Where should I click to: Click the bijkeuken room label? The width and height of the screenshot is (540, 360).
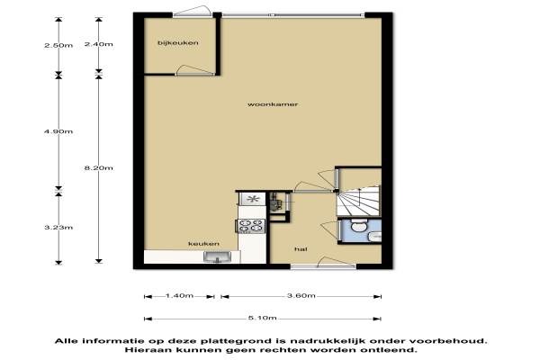click(177, 43)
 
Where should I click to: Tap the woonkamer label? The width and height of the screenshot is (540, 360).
click(273, 104)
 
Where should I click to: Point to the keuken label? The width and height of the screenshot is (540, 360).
click(203, 244)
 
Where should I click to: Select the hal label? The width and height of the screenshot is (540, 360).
click(301, 249)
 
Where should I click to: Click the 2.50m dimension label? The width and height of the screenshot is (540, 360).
click(58, 45)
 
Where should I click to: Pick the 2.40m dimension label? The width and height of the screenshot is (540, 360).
click(98, 44)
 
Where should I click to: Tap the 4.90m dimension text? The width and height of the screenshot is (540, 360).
click(58, 131)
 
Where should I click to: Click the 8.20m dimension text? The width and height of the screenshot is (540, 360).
click(98, 168)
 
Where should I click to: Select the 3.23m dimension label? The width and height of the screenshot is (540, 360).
click(58, 228)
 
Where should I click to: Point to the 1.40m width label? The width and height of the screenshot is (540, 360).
click(179, 295)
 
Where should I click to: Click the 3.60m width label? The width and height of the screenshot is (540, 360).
click(301, 295)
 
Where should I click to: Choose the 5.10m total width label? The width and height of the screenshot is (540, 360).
click(263, 318)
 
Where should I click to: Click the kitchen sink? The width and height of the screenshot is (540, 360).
click(217, 257)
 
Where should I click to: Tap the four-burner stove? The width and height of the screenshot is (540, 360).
click(251, 226)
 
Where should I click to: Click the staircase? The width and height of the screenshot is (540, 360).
click(359, 201)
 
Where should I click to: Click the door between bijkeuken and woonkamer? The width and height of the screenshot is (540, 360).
click(195, 70)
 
